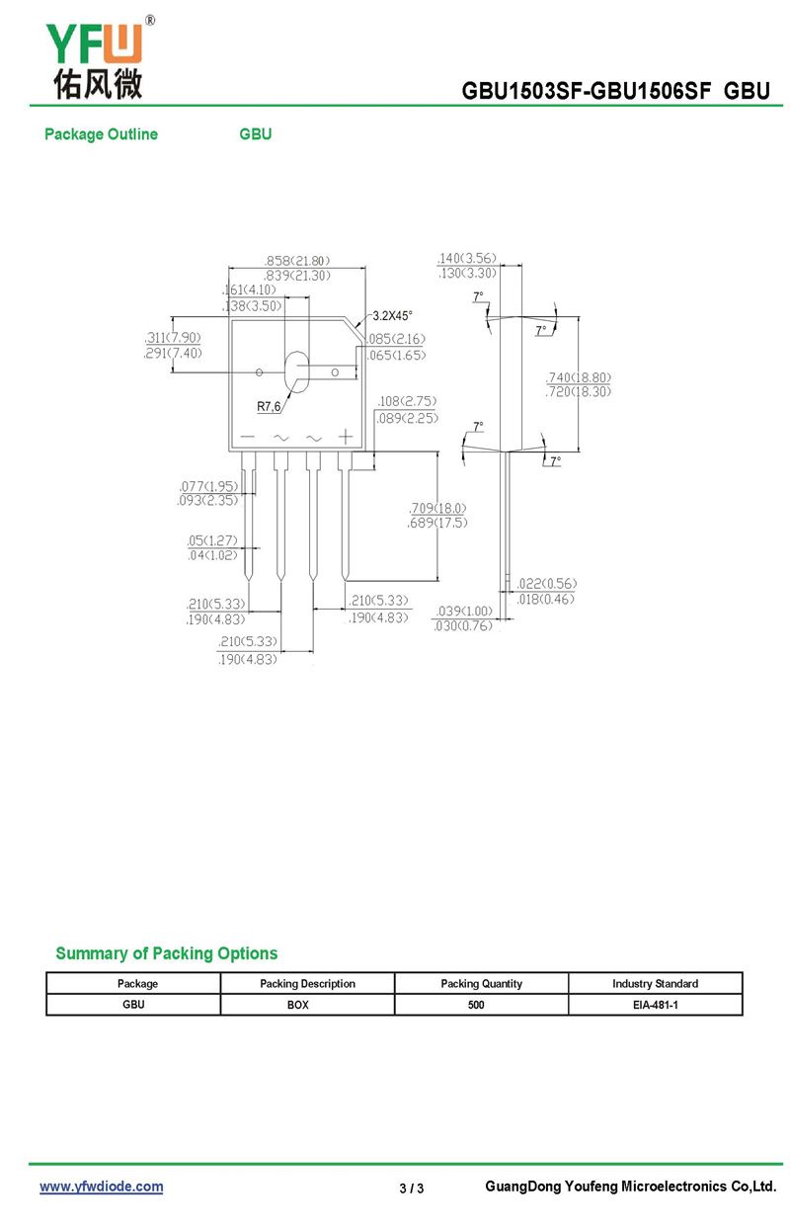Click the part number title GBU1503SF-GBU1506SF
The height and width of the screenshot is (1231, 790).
point(586,91)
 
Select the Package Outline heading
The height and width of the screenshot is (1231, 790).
point(101,134)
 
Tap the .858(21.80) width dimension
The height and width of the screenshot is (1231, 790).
point(297,260)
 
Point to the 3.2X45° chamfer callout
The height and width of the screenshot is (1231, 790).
point(392,315)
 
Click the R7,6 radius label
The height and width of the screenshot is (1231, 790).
point(269,406)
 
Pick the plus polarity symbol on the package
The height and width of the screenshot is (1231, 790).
point(346,437)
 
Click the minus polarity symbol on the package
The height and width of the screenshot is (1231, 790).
point(248,437)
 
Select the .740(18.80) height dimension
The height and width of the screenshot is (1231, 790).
point(578,377)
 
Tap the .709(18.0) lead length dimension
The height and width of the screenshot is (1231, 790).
point(437,508)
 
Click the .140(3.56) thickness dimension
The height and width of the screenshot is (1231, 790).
point(467,258)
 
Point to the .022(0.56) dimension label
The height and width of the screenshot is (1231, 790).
point(547,583)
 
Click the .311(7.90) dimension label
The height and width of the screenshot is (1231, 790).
point(173,337)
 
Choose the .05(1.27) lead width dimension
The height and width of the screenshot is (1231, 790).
point(212,540)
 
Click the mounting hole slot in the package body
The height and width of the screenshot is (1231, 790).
point(296,372)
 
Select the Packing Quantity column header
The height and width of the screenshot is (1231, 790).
point(481,983)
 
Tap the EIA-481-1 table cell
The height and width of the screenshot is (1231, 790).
point(656,1005)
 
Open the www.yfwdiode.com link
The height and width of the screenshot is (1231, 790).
point(101,1187)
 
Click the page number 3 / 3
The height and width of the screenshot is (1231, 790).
point(412,1189)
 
